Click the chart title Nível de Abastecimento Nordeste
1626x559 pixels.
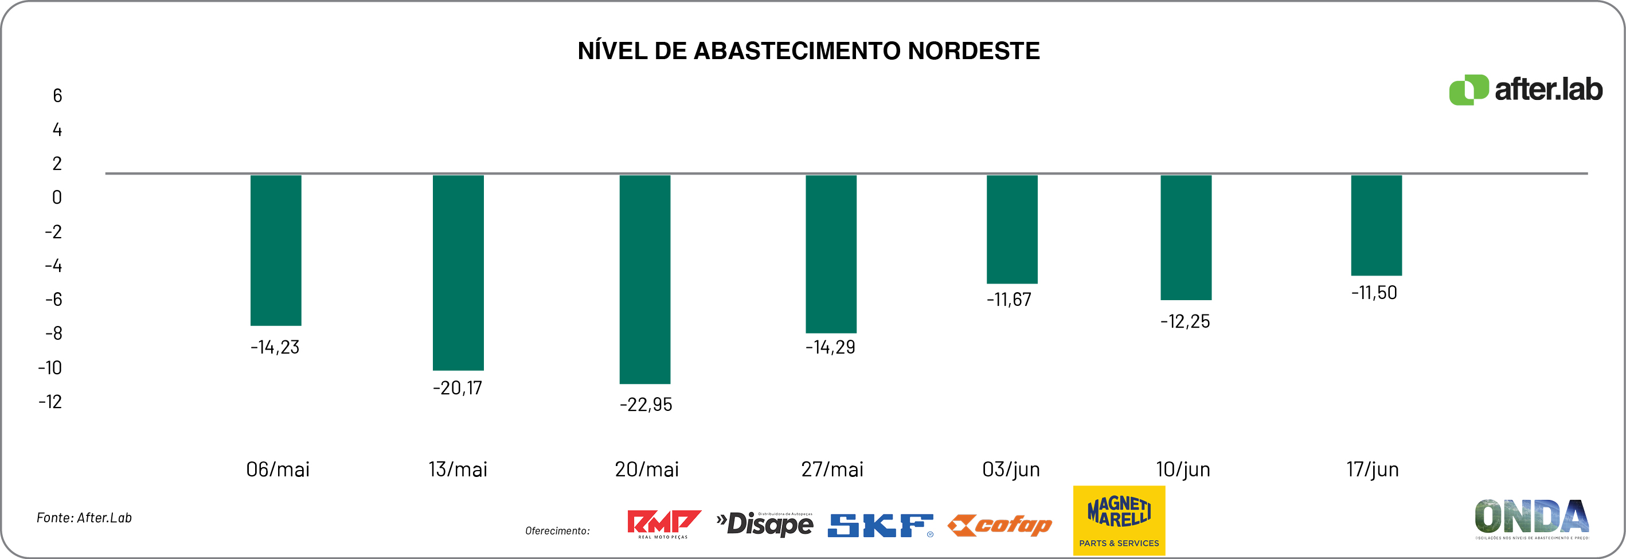point(808,51)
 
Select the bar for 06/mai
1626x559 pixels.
point(276,250)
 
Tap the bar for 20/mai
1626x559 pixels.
point(644,279)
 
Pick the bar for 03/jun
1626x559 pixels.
point(1012,230)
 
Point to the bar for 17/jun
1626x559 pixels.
point(1376,226)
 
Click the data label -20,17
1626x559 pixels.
point(458,388)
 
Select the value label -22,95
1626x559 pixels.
point(646,405)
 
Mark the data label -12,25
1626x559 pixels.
point(1185,321)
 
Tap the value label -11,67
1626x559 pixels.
point(1009,300)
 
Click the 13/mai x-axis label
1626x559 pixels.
point(458,469)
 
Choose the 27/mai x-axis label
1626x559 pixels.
point(832,469)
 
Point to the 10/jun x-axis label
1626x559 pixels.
point(1183,469)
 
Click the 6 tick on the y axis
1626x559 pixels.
point(57,96)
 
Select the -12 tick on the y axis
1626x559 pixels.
point(50,402)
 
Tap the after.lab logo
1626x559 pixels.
point(1525,90)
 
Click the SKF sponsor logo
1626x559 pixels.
point(880,525)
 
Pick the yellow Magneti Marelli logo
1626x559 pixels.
point(1119,520)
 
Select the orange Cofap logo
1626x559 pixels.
point(999,525)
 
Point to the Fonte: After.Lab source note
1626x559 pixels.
point(84,518)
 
